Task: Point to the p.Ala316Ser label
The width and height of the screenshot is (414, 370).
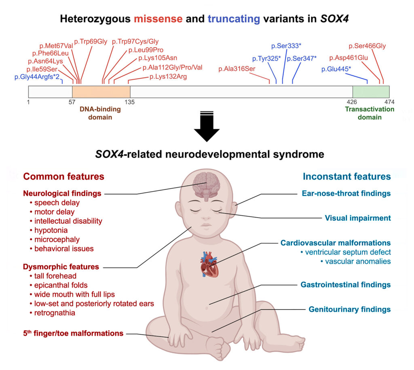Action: pos(237,69)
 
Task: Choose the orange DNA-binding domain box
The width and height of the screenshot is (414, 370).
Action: pos(101,91)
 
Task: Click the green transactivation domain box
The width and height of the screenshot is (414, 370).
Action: pos(371,91)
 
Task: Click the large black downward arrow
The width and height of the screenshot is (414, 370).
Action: pos(207,127)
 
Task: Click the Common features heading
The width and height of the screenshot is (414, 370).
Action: pos(63,176)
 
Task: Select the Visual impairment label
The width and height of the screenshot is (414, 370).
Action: pos(358,218)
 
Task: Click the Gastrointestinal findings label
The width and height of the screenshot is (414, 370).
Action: pos(346,285)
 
